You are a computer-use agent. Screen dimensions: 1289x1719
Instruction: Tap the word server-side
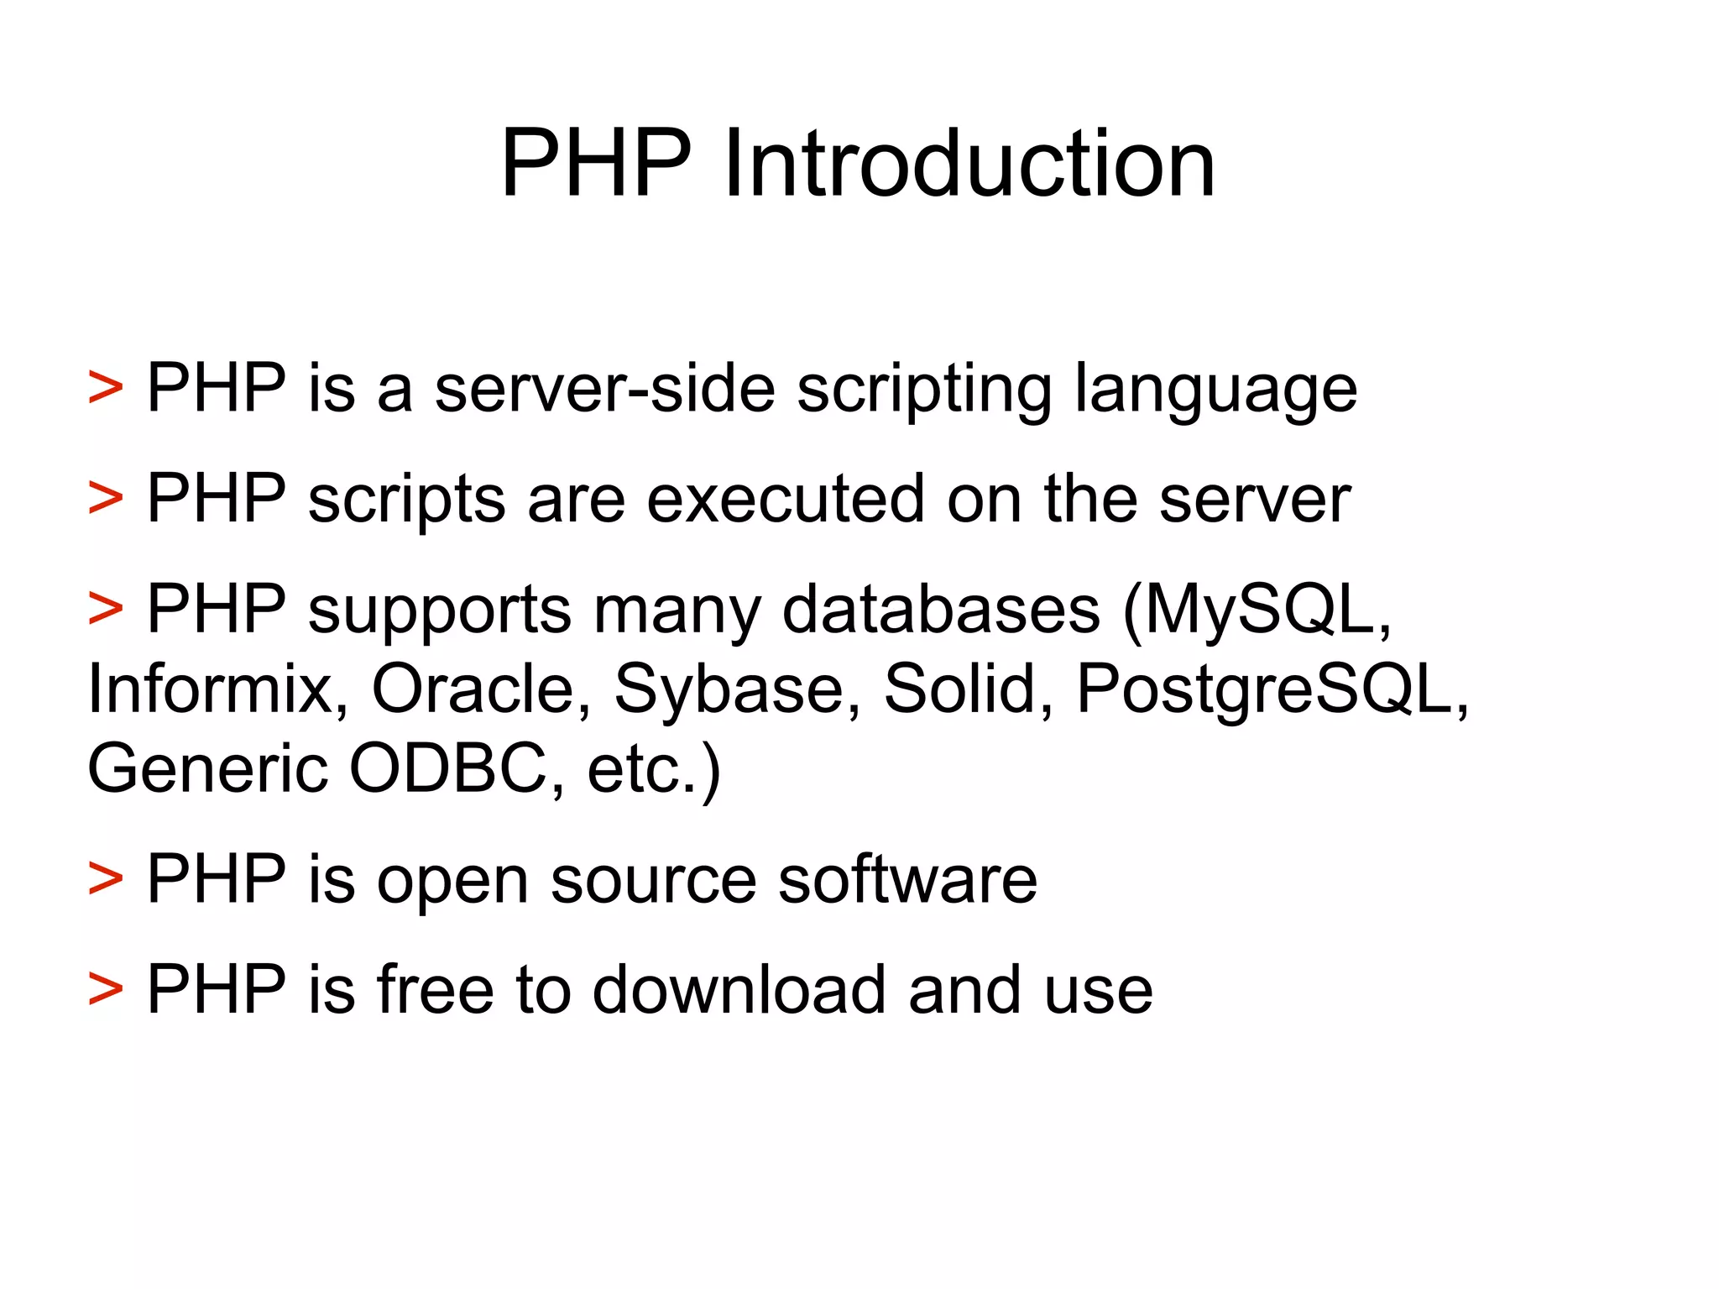[604, 389]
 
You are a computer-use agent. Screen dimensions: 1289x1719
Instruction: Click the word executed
[786, 500]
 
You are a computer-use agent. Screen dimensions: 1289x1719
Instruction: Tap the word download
[739, 989]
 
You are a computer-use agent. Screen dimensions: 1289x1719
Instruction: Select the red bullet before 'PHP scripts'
[106, 500]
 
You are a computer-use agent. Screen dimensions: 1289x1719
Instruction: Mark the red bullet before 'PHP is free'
[106, 989]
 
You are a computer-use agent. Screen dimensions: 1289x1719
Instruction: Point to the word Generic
[207, 768]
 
